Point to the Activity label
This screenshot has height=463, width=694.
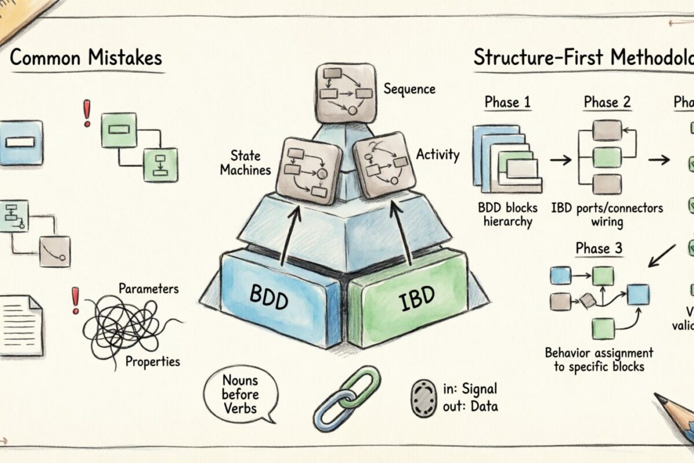[438, 155]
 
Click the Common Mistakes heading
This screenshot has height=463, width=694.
[86, 58]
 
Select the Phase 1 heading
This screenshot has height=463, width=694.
[507, 102]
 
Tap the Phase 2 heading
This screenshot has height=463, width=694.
[607, 102]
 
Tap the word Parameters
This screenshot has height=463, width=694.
[148, 288]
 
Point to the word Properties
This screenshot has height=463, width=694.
[152, 362]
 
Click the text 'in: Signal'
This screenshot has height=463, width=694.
[469, 388]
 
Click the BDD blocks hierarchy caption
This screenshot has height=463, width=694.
[508, 214]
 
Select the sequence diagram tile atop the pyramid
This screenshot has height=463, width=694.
[345, 93]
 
